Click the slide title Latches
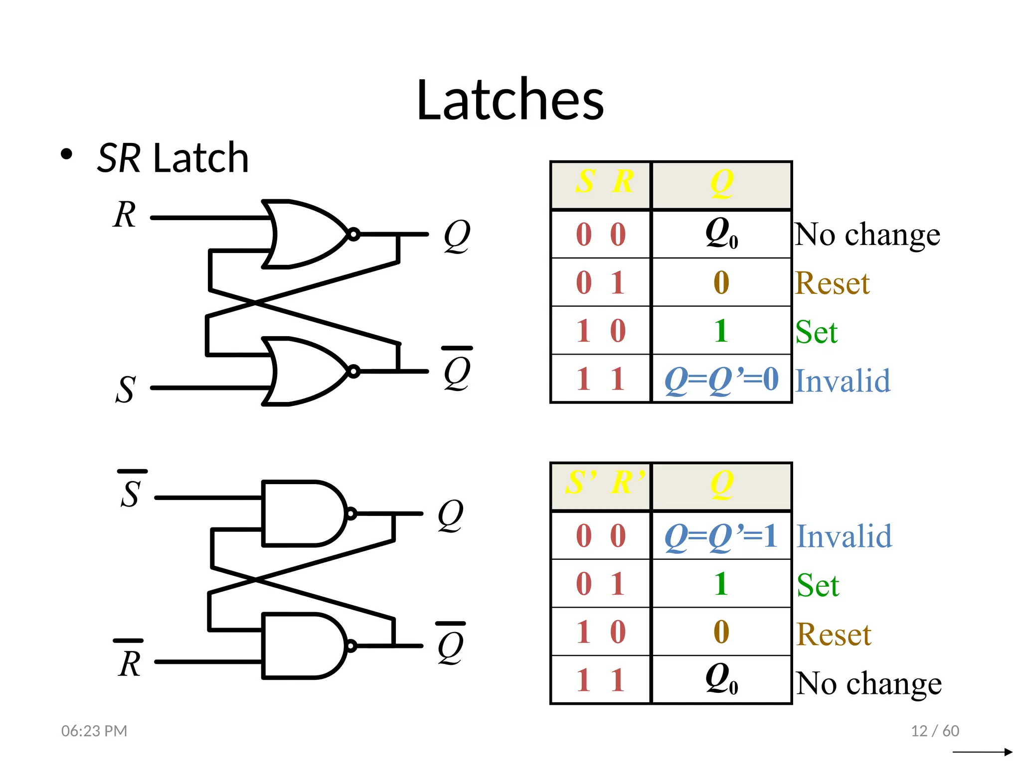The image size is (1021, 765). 510,100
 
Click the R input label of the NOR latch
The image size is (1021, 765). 124,215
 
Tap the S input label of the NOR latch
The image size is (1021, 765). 125,389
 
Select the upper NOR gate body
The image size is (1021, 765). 304,234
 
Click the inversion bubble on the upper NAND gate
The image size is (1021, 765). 351,513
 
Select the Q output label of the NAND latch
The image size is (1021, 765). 450,515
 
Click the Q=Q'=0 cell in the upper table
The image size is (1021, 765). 721,380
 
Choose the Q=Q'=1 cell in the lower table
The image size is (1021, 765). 721,536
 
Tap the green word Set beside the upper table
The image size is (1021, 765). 816,332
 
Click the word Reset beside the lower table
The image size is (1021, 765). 834,635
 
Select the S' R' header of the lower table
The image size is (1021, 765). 604,483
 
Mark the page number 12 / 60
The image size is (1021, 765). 935,731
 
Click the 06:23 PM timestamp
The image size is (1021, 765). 94,731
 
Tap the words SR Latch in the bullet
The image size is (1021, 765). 172,158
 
